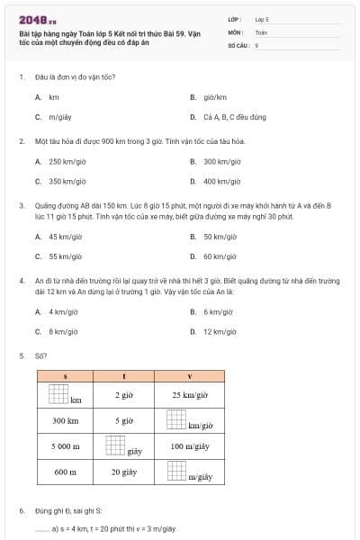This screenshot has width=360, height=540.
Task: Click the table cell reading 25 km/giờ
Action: pyautogui.click(x=189, y=395)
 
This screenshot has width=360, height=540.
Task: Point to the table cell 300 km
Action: pyautogui.click(x=65, y=420)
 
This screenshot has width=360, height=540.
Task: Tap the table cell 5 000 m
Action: pyautogui.click(x=65, y=445)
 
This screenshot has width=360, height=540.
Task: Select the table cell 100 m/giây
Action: pyautogui.click(x=189, y=445)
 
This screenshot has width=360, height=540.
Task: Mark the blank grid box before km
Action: pyautogui.click(x=58, y=394)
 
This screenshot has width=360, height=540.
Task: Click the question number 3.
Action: pyautogui.click(x=21, y=205)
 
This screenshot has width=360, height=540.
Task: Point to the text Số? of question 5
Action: pyautogui.click(x=41, y=355)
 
